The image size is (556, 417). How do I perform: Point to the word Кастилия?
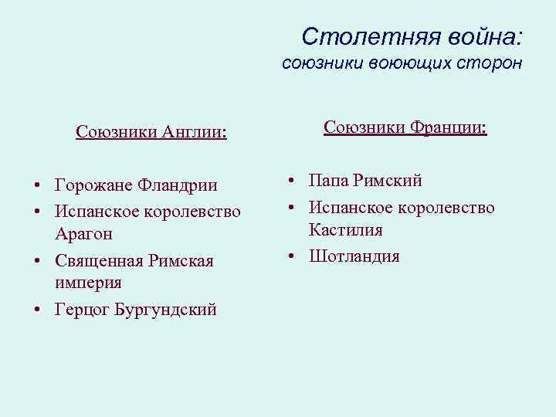[x=346, y=230]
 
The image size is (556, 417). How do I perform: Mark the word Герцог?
[x=81, y=310]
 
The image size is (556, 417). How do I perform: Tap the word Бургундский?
[x=165, y=310]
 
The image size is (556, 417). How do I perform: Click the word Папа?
[x=327, y=181]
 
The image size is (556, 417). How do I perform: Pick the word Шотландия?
[x=354, y=256]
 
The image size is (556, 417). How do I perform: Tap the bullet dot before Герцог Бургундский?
[x=36, y=310]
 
